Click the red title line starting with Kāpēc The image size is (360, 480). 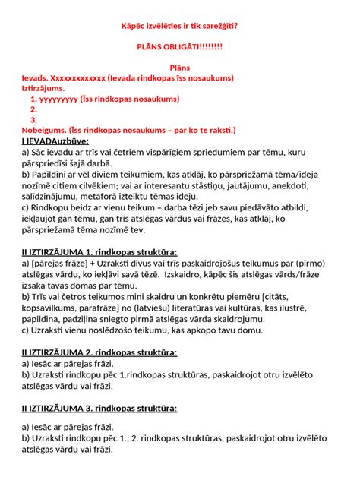click(179, 26)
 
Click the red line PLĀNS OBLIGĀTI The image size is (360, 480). click(179, 46)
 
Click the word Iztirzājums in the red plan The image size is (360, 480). click(43, 89)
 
